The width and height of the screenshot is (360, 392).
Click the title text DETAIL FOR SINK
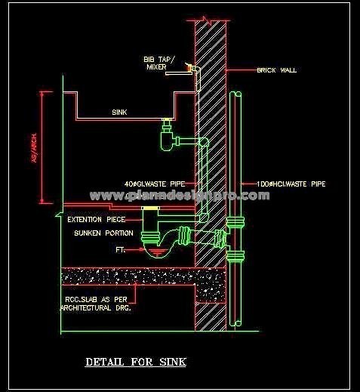click(136, 362)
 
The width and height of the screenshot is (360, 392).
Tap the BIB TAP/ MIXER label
click(158, 63)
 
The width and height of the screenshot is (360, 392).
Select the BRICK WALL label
click(277, 70)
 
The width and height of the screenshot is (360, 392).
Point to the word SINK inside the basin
click(119, 113)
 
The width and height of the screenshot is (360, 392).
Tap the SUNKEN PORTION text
click(103, 233)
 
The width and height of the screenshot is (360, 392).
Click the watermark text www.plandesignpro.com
click(180, 196)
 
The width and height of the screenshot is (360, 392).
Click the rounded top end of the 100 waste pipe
click(235, 94)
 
